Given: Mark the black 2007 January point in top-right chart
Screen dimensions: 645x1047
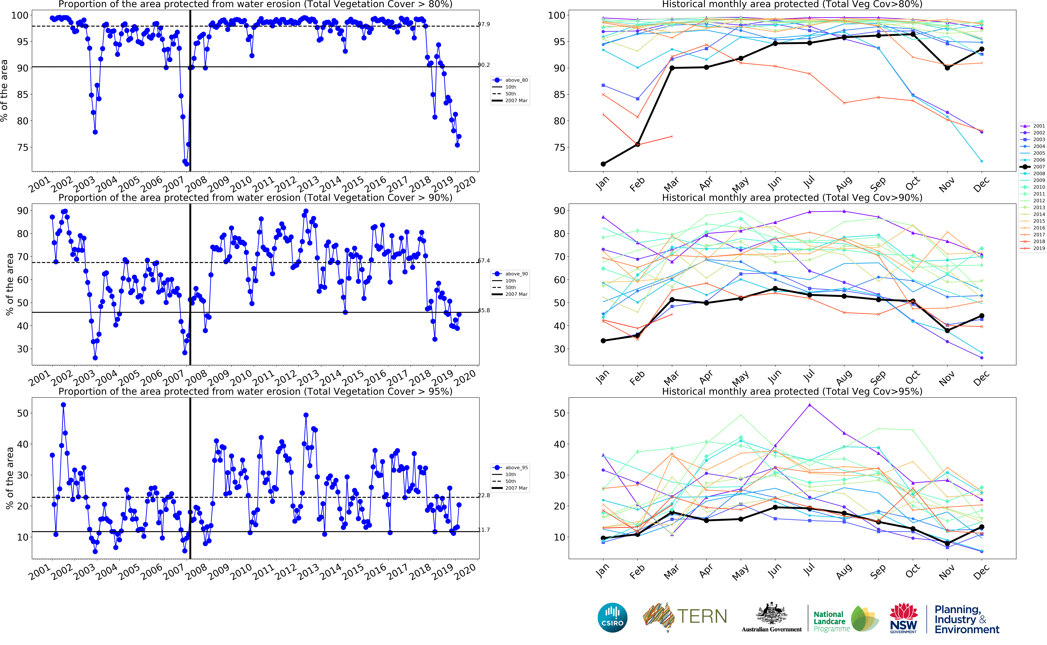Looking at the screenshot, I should click(603, 164).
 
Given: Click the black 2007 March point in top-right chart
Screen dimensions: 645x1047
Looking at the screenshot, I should click(672, 68).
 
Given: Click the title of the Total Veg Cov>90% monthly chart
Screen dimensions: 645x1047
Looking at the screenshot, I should click(792, 197).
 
